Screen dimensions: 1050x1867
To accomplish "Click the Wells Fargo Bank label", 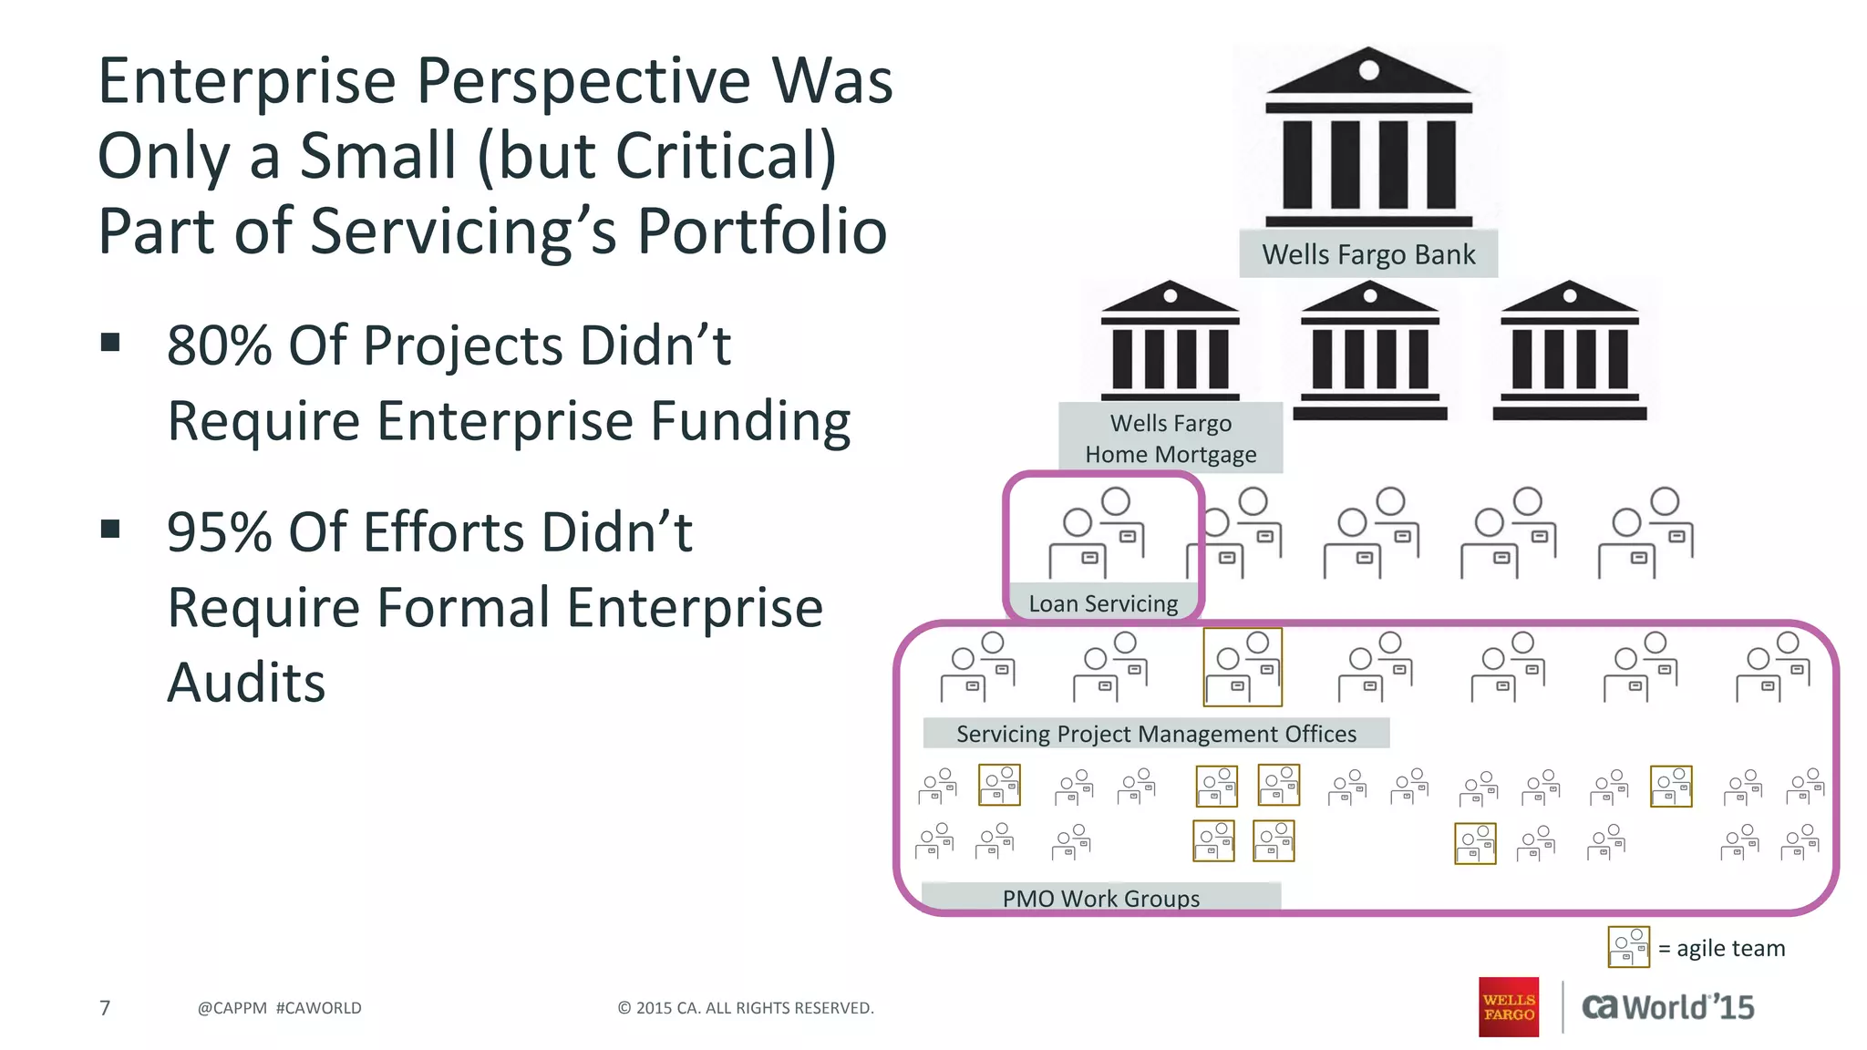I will [x=1367, y=254].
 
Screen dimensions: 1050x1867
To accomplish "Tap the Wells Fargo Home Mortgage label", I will [x=1171, y=438].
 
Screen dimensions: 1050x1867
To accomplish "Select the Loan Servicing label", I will [x=1103, y=603].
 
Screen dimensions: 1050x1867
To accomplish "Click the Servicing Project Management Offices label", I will [x=1156, y=734].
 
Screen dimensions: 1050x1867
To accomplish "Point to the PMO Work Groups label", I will [x=1100, y=898].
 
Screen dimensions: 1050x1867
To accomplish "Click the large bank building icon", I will [x=1368, y=137].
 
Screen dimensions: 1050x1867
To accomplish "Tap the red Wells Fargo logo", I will [x=1508, y=1007].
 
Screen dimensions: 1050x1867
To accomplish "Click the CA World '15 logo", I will [x=1667, y=1007].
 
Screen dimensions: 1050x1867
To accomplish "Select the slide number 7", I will [x=105, y=1008].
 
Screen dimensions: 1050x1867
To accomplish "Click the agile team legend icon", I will [x=1628, y=947].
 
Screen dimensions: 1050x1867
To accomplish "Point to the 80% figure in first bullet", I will [x=220, y=345].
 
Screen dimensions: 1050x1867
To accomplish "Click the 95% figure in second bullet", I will [x=220, y=532].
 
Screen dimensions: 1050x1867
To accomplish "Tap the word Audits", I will [x=246, y=683].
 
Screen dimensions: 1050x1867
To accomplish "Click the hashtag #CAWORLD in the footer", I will [x=318, y=1008].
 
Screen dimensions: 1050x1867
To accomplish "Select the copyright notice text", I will [x=746, y=1008].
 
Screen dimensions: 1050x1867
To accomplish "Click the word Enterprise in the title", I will [x=247, y=82].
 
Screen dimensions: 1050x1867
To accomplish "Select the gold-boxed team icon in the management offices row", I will [x=1243, y=667].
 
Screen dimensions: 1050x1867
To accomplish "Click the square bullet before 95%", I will [x=111, y=530].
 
